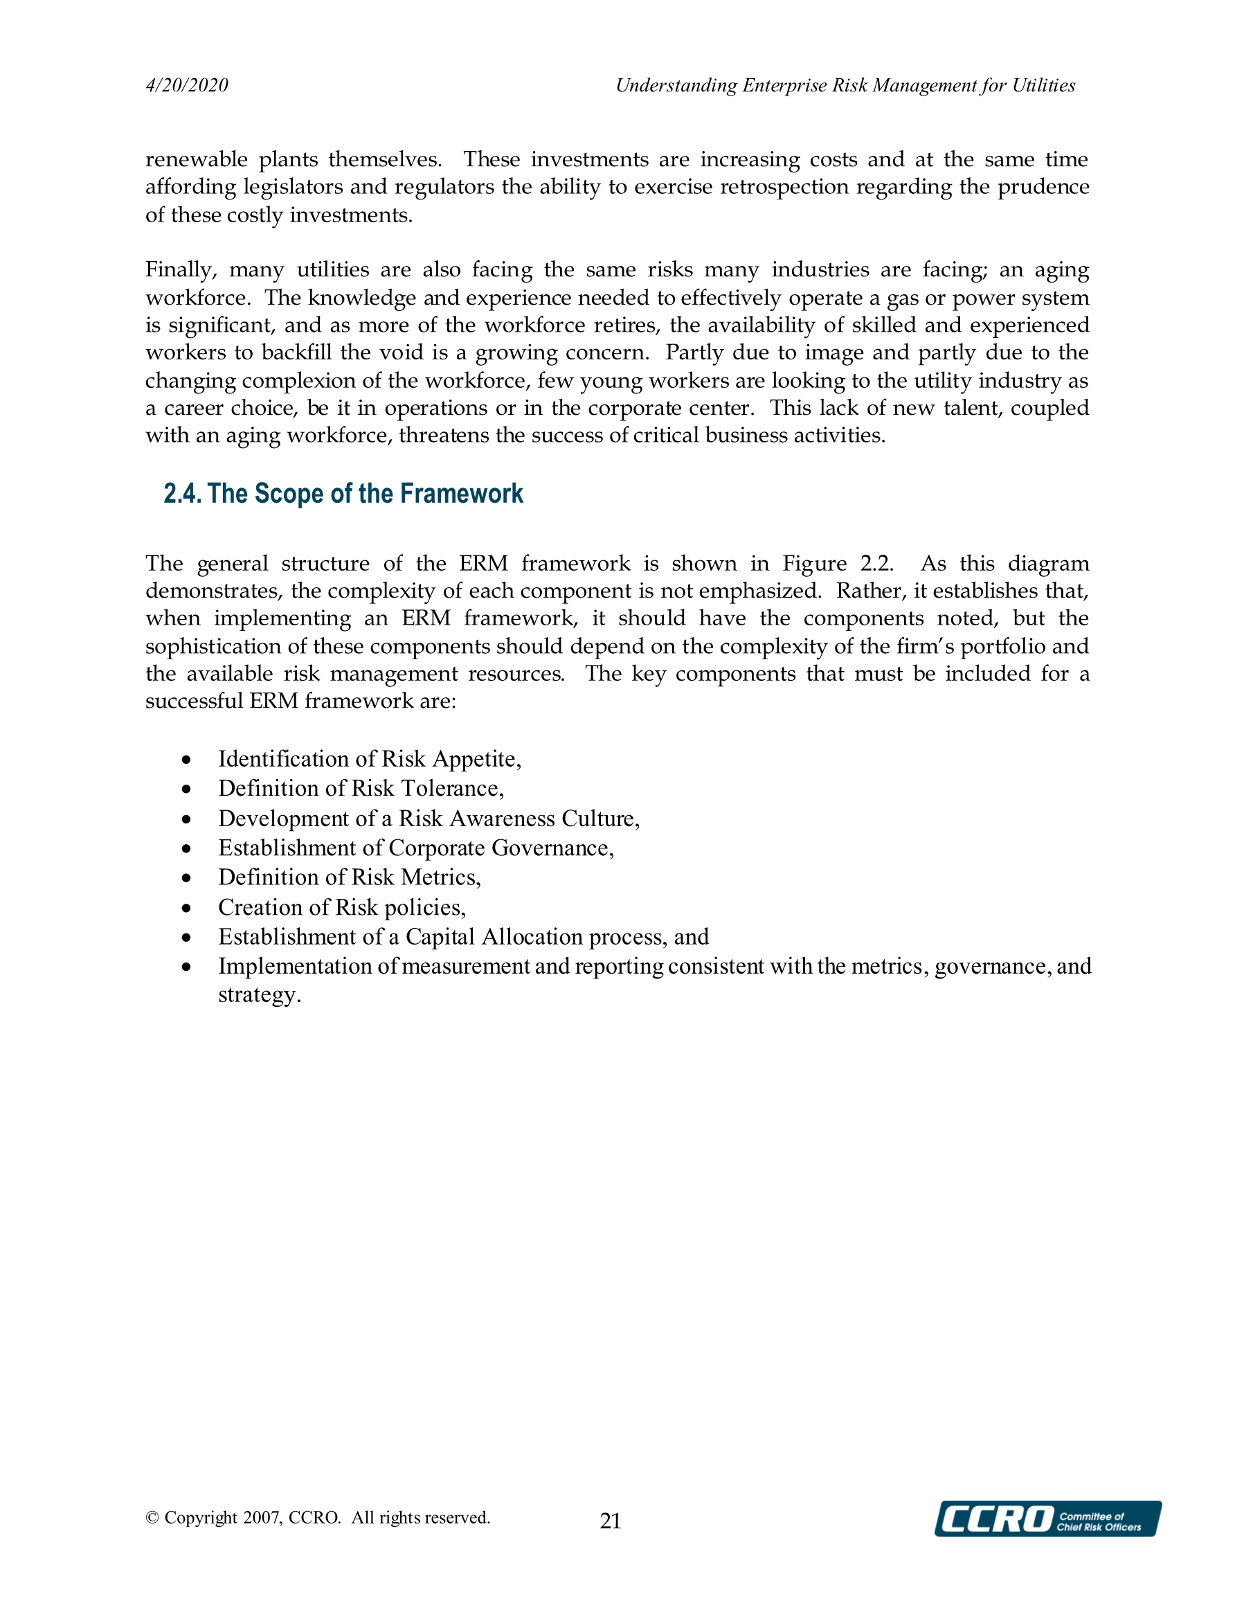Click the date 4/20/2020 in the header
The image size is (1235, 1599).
187,86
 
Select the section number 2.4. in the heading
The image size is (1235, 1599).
182,494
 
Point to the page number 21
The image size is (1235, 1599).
611,1521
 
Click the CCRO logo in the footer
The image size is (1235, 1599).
1047,1519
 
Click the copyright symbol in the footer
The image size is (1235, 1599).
152,1518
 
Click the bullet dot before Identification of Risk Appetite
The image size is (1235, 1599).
188,760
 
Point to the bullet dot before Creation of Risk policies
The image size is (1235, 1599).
188,909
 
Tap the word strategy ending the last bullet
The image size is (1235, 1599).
259,996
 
